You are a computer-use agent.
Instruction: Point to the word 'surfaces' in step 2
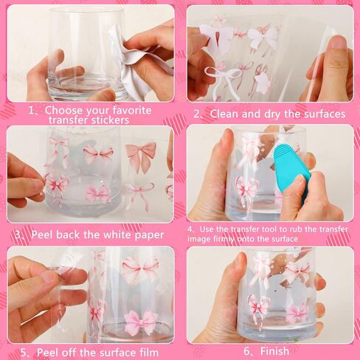click(325, 114)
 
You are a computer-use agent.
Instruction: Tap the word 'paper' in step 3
click(149, 235)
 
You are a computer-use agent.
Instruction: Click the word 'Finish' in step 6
click(274, 351)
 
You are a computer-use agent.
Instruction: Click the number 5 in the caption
click(24, 353)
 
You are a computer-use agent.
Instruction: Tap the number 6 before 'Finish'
click(247, 351)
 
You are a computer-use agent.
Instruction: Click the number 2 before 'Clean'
click(197, 114)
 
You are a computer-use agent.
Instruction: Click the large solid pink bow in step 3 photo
click(141, 156)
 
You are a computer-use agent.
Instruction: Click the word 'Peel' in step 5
click(48, 353)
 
